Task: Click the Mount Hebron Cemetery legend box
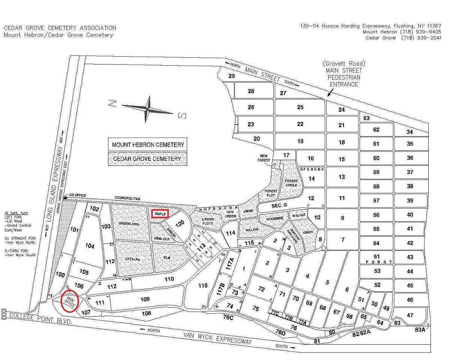pos(148,144)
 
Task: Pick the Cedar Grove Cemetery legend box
pos(148,159)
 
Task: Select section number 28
pos(251,91)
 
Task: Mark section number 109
pos(145,299)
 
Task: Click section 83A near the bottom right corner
pos(420,330)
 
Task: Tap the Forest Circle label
pos(291,183)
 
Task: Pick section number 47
pos(410,315)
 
